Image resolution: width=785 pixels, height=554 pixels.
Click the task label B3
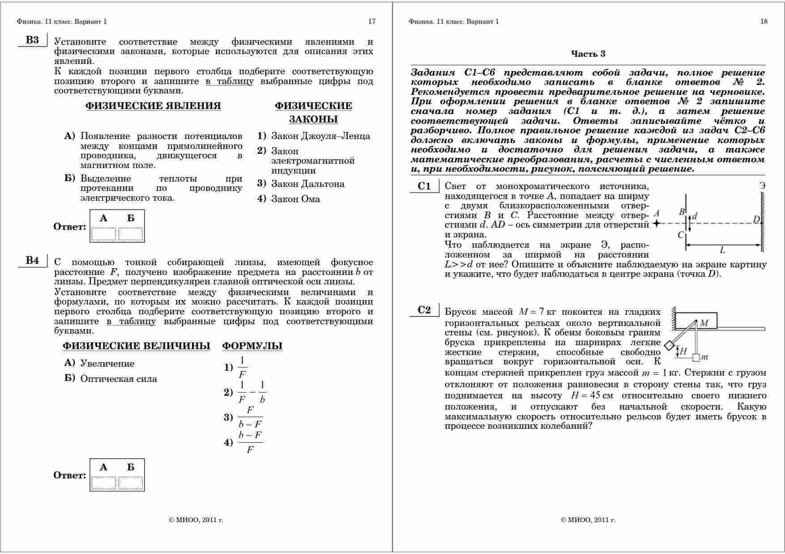(32, 40)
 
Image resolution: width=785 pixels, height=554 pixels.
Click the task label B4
(32, 261)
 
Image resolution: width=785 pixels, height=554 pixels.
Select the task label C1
(424, 186)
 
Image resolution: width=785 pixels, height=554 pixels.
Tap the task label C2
(424, 310)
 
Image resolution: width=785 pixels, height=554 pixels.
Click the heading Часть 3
(588, 54)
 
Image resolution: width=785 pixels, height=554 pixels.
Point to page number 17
(371, 21)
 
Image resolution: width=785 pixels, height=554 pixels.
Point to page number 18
(764, 21)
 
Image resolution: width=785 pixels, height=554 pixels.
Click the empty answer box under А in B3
(103, 234)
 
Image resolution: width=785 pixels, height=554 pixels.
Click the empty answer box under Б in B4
(131, 483)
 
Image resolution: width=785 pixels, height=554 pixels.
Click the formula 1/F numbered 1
(242, 368)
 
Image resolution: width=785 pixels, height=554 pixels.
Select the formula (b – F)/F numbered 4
(250, 442)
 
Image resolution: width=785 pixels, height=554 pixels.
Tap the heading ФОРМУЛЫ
(252, 346)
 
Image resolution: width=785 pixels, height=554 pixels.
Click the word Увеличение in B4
(107, 364)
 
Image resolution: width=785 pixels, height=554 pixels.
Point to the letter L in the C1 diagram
(722, 251)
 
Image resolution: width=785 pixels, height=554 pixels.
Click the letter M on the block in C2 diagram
(704, 323)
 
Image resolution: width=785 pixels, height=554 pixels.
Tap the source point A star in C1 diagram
(657, 223)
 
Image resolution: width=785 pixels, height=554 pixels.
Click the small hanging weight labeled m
(696, 357)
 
